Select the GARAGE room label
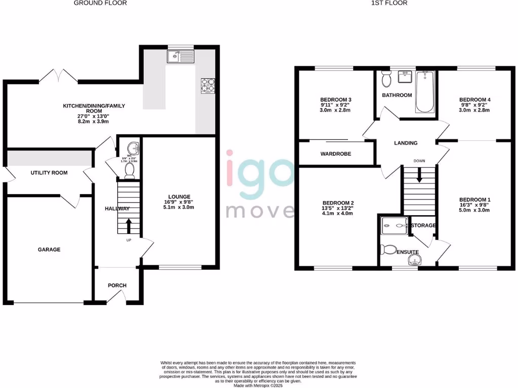click(50, 250)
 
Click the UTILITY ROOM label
click(49, 173)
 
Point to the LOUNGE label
click(180, 197)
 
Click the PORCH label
click(117, 285)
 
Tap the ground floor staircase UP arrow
click(128, 224)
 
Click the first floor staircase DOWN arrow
click(419, 176)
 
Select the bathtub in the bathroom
click(424, 91)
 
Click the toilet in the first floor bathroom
click(386, 79)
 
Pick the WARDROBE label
click(336, 154)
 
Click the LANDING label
click(406, 143)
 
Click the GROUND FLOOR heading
click(100, 3)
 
